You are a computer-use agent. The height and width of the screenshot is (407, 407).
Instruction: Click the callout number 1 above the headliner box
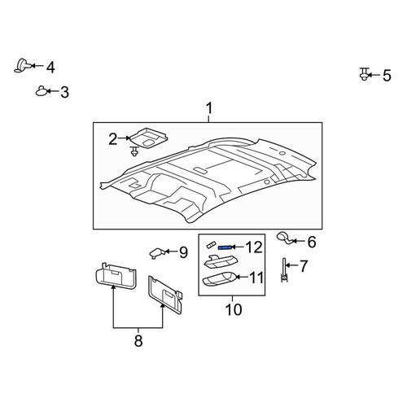click(x=209, y=108)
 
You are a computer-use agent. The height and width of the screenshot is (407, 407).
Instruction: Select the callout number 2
click(x=113, y=139)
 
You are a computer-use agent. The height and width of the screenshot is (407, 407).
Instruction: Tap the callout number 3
click(x=64, y=92)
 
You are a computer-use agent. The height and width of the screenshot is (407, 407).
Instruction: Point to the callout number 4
click(x=50, y=68)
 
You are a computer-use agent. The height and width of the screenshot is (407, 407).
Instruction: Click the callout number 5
click(x=387, y=76)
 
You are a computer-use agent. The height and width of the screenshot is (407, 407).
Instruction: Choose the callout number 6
click(x=312, y=242)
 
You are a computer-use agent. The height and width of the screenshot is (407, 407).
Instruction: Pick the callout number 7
click(x=304, y=266)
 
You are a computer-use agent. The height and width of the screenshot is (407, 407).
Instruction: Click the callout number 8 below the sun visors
click(x=138, y=341)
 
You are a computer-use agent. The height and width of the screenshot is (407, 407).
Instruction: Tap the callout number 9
click(x=183, y=252)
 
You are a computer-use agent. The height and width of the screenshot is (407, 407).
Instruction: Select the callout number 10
click(x=234, y=309)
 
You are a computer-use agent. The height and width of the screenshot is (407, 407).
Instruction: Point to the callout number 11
click(x=256, y=278)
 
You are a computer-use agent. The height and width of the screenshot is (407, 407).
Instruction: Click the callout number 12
click(x=254, y=247)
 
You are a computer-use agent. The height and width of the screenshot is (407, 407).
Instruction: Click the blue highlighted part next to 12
click(x=225, y=247)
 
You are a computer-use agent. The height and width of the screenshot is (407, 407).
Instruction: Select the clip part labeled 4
click(x=22, y=66)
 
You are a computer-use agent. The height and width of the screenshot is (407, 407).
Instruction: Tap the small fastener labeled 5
click(x=364, y=74)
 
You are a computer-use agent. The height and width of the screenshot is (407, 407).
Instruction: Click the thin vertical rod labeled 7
click(x=284, y=270)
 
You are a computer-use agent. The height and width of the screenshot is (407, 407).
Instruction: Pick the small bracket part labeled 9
click(x=157, y=253)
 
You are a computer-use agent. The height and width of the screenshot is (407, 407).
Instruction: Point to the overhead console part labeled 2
click(x=148, y=138)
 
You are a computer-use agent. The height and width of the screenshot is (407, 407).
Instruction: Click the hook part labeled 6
click(x=284, y=238)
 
